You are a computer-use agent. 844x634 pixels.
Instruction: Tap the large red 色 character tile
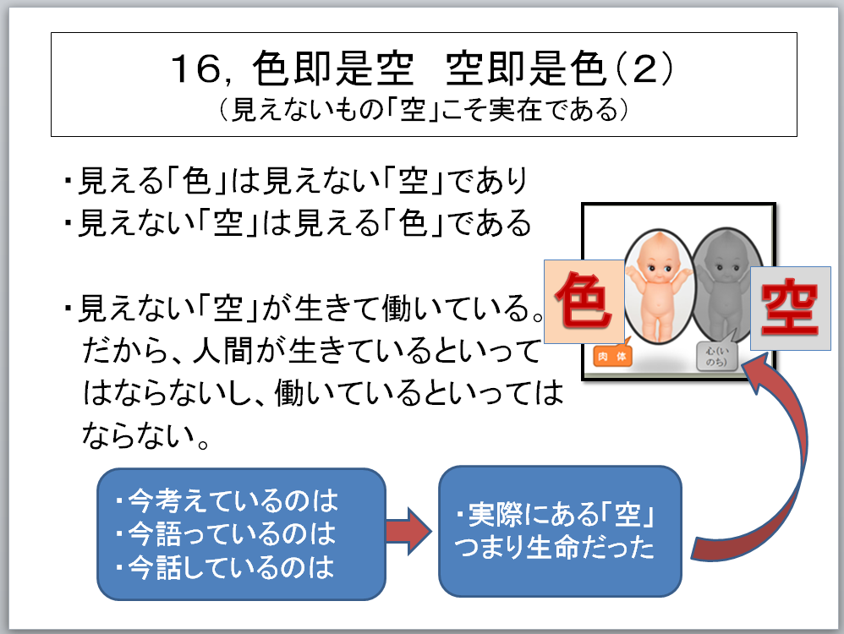[x=582, y=302]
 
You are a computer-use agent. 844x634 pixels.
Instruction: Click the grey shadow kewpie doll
[x=724, y=283]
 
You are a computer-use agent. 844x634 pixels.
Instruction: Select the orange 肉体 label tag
[x=613, y=357]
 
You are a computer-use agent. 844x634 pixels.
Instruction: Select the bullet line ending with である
[x=296, y=224]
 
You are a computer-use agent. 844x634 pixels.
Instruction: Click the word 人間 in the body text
[x=228, y=347]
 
